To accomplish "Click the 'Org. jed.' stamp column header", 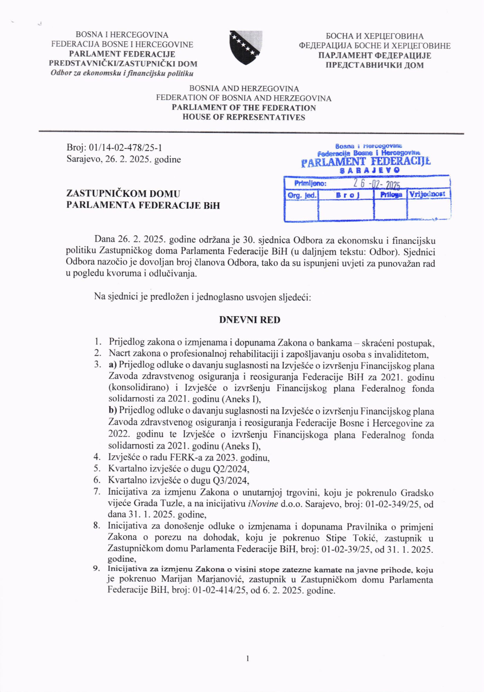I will [301, 195].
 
